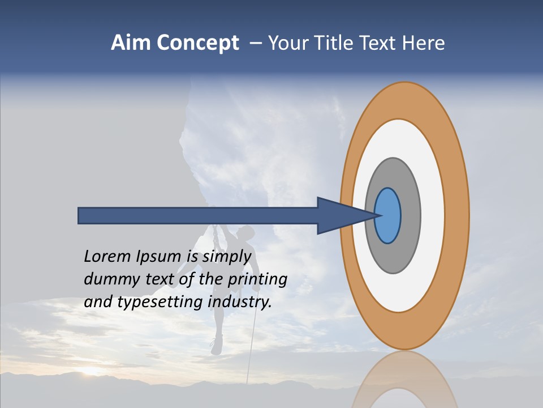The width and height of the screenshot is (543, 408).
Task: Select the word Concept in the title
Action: pos(197,43)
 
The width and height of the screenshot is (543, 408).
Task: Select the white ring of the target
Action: pos(432,216)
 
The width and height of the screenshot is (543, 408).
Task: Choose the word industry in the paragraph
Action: pos(240,302)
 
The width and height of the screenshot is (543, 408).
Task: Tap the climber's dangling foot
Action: pos(216,345)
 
